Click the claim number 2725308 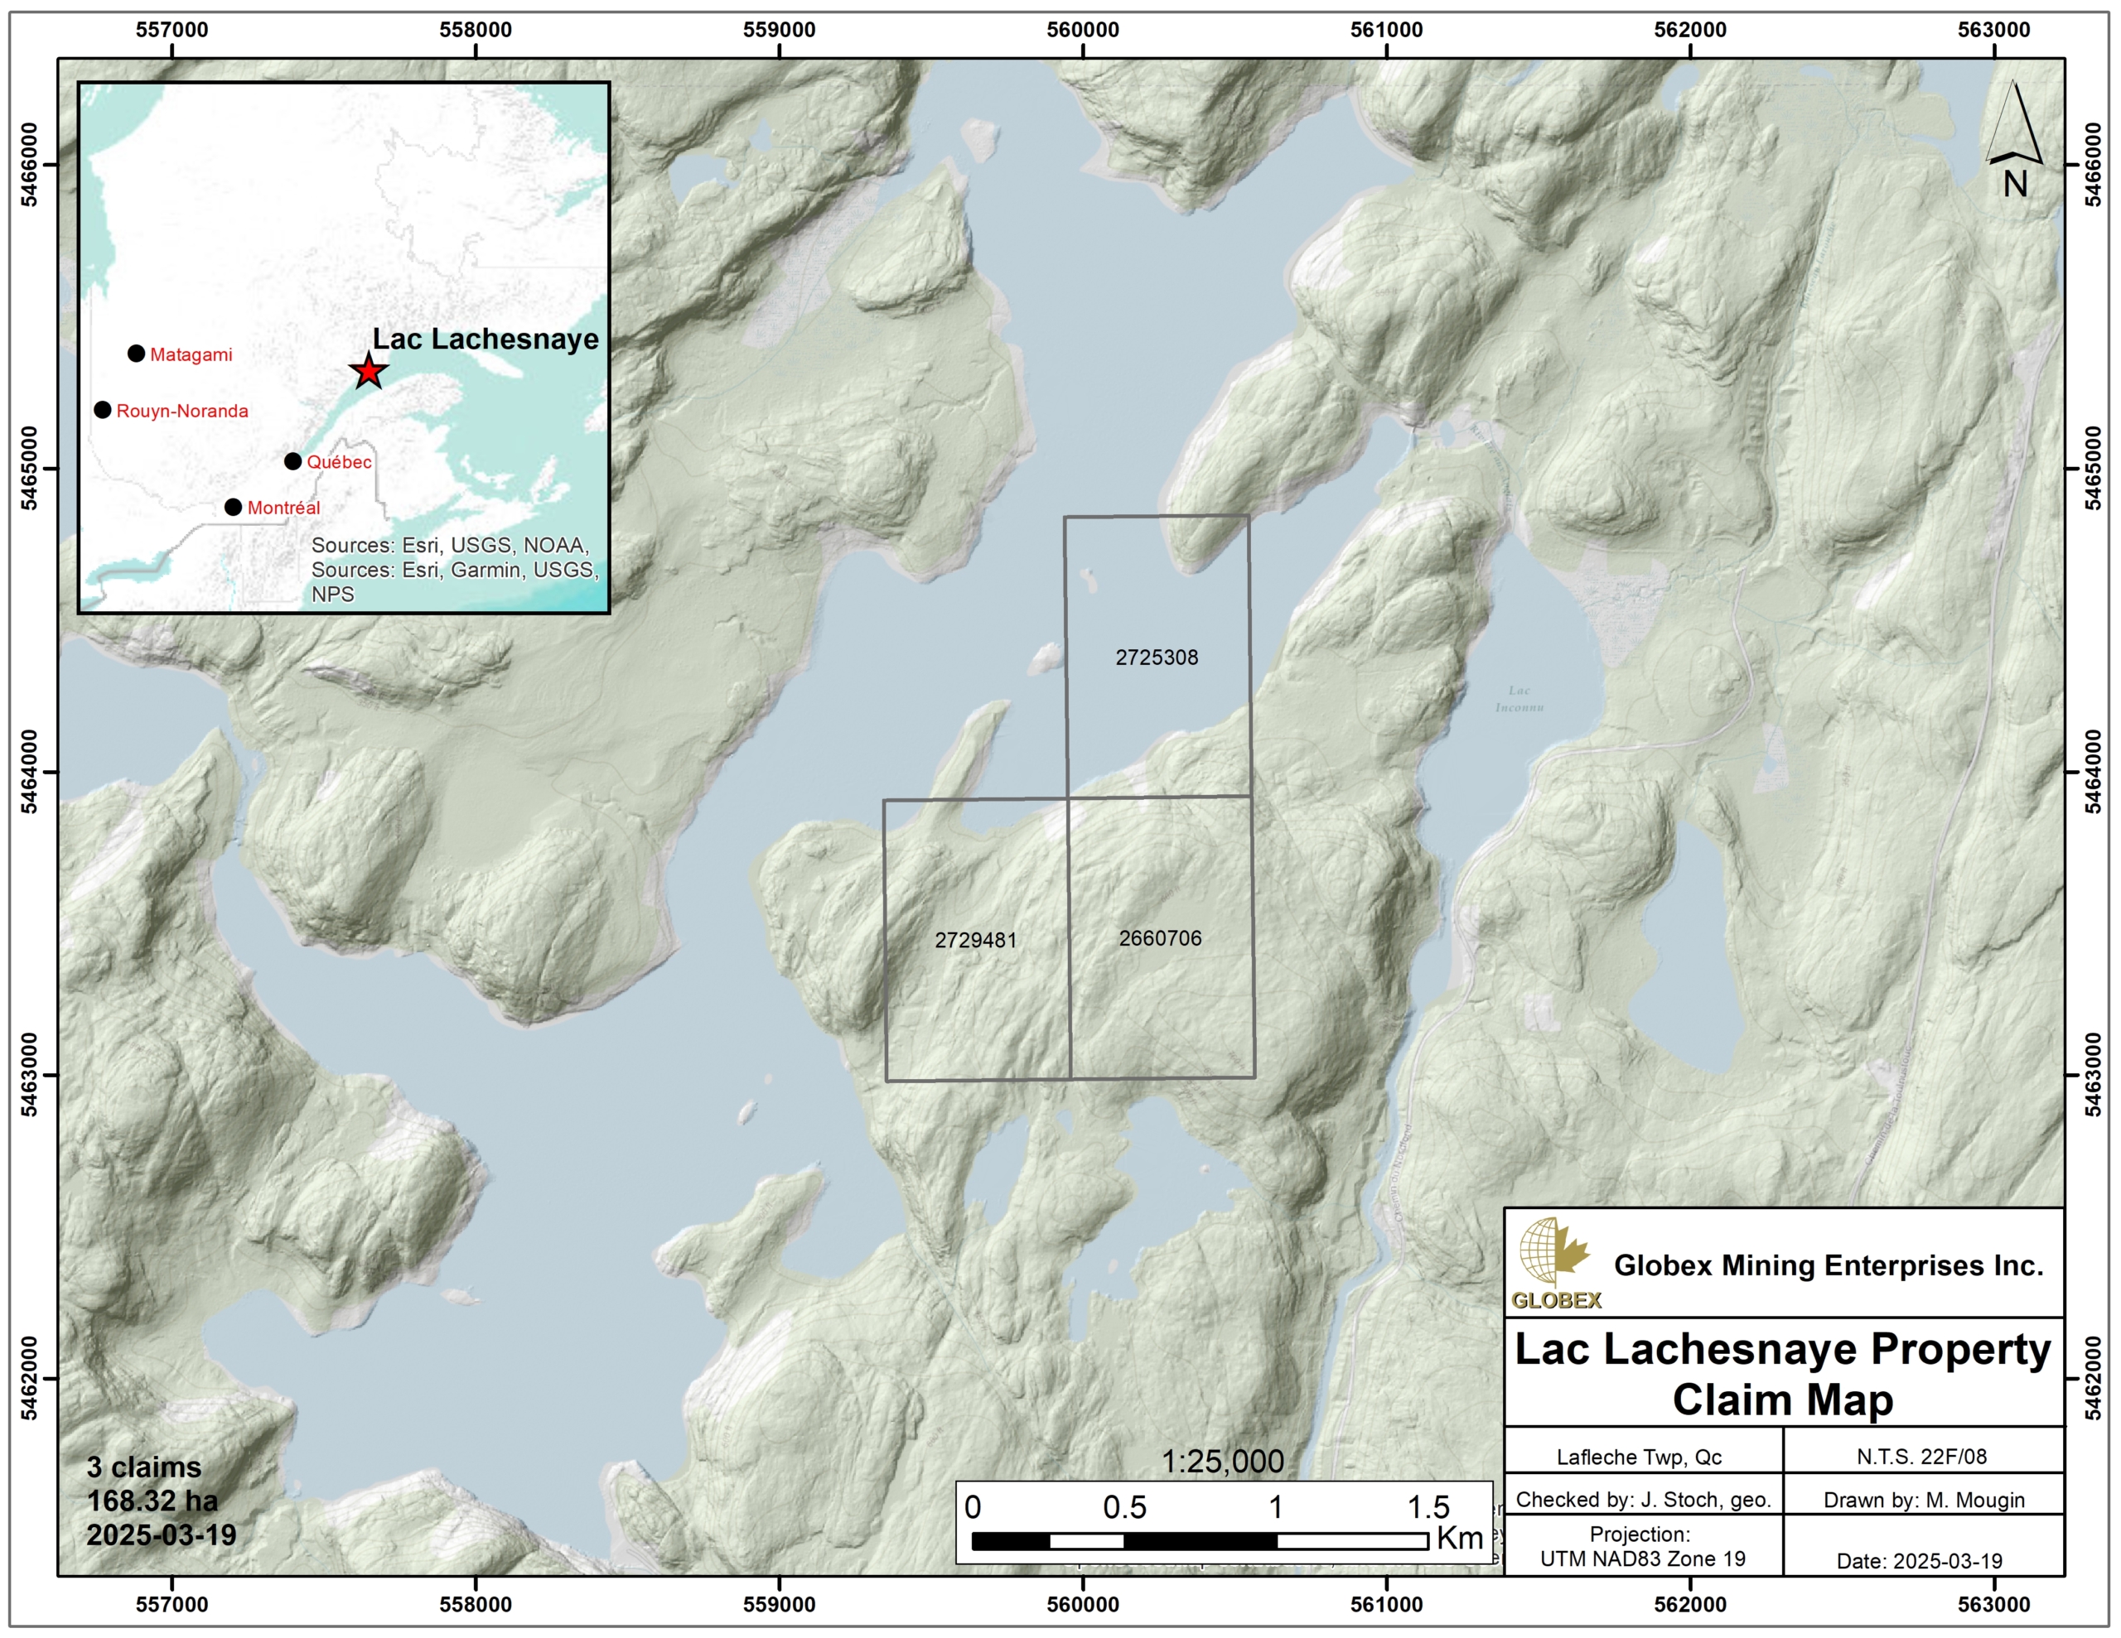click(1156, 658)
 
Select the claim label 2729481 click(975, 940)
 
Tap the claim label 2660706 click(1160, 938)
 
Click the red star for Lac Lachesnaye click(368, 371)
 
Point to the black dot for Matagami click(136, 354)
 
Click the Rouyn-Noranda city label click(181, 411)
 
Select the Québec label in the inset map click(339, 462)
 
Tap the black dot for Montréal click(233, 507)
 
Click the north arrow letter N click(2014, 184)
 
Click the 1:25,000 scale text click(1222, 1462)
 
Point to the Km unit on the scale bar click(1459, 1538)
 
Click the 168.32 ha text click(152, 1501)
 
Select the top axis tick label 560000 click(1082, 30)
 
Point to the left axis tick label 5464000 click(30, 772)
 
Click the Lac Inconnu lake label click(1519, 698)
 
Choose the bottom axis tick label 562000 click(1690, 1604)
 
